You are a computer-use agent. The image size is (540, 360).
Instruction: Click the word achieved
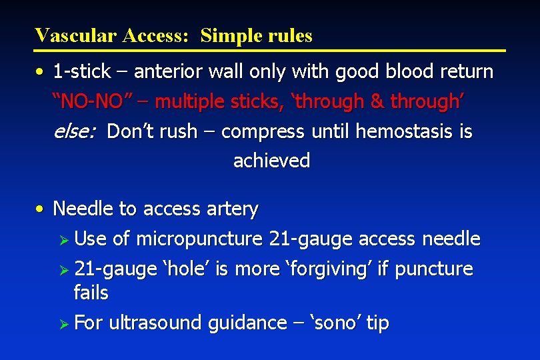click(271, 161)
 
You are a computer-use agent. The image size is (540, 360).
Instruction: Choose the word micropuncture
click(199, 239)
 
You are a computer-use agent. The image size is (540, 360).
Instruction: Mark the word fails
click(91, 292)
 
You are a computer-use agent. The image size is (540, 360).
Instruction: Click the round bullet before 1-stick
click(41, 71)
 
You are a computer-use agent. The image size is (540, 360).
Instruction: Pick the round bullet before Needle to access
click(41, 209)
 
